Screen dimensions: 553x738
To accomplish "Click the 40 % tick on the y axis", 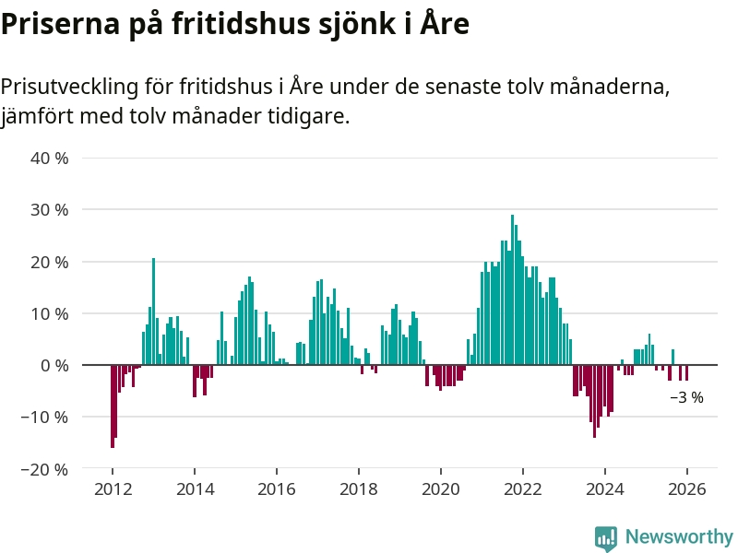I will click(51, 158).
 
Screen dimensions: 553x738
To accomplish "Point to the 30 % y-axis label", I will click(51, 209).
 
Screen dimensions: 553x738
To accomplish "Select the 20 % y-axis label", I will click(51, 262).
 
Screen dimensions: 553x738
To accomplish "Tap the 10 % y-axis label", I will click(51, 313).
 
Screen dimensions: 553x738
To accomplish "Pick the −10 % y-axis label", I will click(46, 417).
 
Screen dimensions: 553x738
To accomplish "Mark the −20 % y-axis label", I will click(46, 468).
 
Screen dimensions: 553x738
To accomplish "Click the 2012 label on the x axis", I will click(112, 489).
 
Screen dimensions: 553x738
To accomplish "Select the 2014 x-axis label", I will click(194, 489).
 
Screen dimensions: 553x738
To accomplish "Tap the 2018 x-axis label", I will click(358, 489).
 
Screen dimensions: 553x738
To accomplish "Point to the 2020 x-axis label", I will click(440, 489).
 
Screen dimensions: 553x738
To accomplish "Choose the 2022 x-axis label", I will click(522, 489).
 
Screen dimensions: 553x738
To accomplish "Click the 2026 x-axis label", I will click(686, 489).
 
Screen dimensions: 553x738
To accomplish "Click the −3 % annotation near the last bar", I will click(686, 398).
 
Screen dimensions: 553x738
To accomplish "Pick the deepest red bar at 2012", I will click(113, 406).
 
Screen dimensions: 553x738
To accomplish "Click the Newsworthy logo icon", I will click(606, 538).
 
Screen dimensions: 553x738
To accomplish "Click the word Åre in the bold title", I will click(445, 25).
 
